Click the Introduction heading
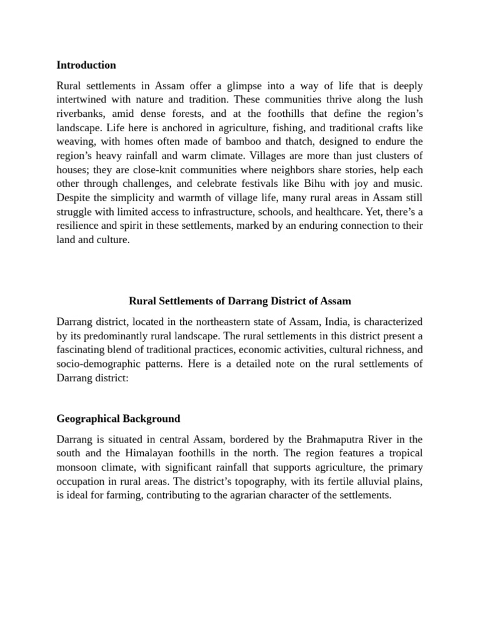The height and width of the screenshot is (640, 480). (86, 65)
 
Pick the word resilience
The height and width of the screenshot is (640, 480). (81, 226)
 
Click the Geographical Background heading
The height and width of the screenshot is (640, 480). (118, 419)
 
